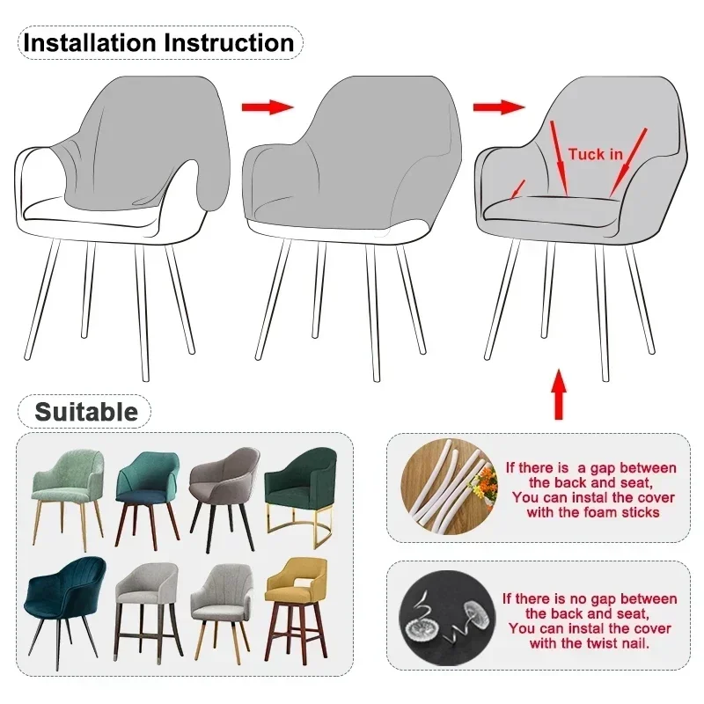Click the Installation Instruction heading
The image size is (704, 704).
tap(158, 42)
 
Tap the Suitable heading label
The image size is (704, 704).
tap(85, 412)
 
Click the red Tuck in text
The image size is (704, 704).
tap(595, 155)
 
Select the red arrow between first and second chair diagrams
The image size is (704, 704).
tap(267, 106)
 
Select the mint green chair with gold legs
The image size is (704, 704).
tap(69, 493)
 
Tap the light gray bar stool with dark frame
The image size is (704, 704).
tap(146, 603)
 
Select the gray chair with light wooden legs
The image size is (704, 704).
tap(221, 603)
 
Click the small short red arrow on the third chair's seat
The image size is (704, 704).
tap(518, 188)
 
